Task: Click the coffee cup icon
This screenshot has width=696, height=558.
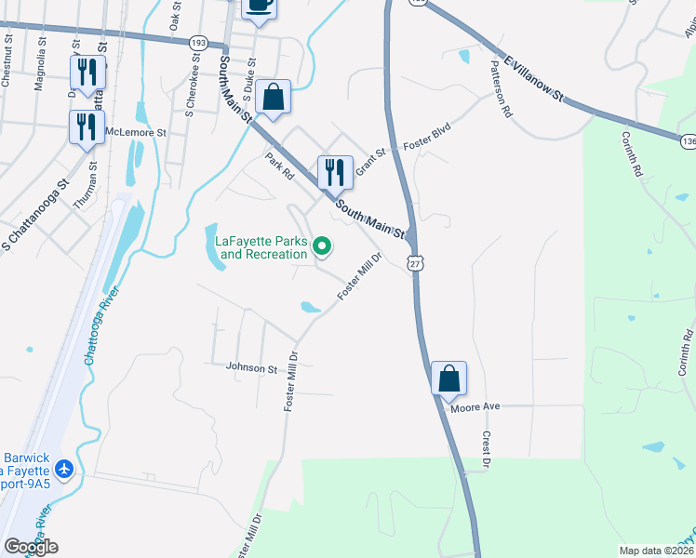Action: [260, 5]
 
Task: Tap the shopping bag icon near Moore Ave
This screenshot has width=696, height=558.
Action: [448, 379]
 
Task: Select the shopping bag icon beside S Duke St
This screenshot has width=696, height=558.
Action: [273, 98]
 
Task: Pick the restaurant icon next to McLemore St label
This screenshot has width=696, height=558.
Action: [87, 127]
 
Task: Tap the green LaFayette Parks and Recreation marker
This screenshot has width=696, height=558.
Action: [323, 246]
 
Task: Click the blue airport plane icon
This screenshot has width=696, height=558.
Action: [65, 470]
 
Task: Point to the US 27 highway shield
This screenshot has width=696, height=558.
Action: [415, 264]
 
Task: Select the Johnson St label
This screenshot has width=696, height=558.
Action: [252, 368]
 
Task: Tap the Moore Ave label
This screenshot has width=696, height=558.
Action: [475, 407]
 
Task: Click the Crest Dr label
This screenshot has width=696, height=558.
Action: [485, 448]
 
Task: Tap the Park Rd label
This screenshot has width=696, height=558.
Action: [279, 166]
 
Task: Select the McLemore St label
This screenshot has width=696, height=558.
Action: [136, 133]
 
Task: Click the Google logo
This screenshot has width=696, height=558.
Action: [31, 547]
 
